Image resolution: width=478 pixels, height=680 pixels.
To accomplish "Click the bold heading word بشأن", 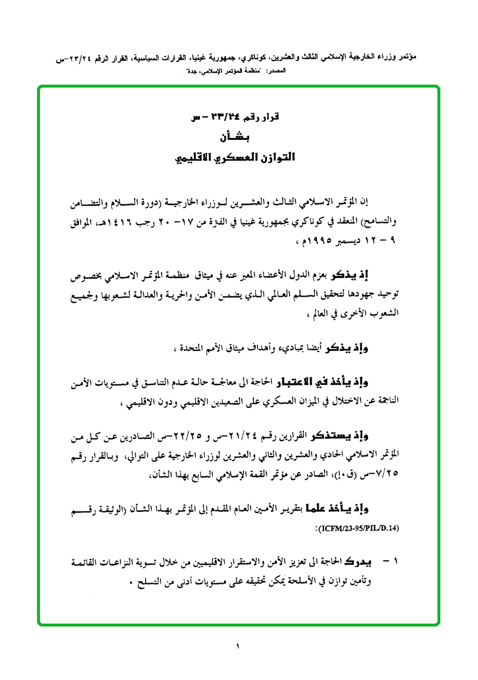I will coord(239,138).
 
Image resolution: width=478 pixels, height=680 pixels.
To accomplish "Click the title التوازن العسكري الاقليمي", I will coord(238,158).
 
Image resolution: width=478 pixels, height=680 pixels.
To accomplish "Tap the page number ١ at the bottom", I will coord(239,647).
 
